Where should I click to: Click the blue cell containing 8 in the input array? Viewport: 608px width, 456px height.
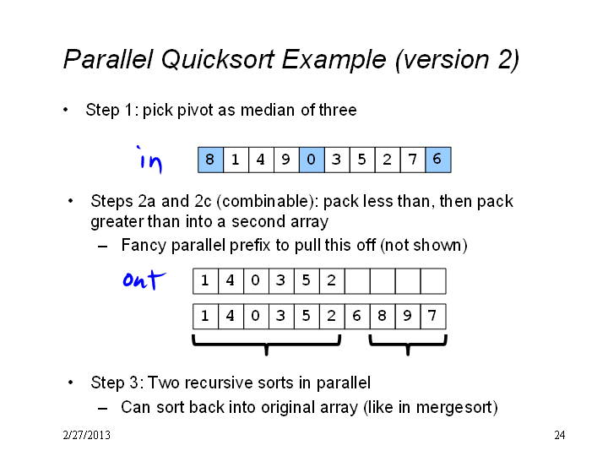point(210,160)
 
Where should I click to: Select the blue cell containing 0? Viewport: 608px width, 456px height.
point(312,160)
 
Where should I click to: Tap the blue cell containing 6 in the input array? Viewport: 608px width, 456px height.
point(438,160)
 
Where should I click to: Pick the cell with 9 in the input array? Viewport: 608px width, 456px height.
point(286,160)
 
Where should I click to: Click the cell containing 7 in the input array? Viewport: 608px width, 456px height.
point(413,160)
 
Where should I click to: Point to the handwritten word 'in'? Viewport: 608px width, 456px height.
point(149,160)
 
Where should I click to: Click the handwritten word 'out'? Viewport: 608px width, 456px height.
point(144,280)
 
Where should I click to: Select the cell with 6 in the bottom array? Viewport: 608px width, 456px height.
point(357,317)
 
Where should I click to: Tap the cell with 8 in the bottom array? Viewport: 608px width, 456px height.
point(383,317)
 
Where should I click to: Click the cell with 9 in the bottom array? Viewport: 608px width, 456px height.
point(408,317)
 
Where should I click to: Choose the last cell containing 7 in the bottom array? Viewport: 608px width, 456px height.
point(433,317)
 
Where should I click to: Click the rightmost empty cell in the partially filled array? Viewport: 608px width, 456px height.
point(433,281)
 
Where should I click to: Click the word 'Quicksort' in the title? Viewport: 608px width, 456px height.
point(219,60)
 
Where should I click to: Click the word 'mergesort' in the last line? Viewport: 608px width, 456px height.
point(454,408)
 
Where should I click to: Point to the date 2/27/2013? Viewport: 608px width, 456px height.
point(86,435)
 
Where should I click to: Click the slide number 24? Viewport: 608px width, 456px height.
point(560,435)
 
